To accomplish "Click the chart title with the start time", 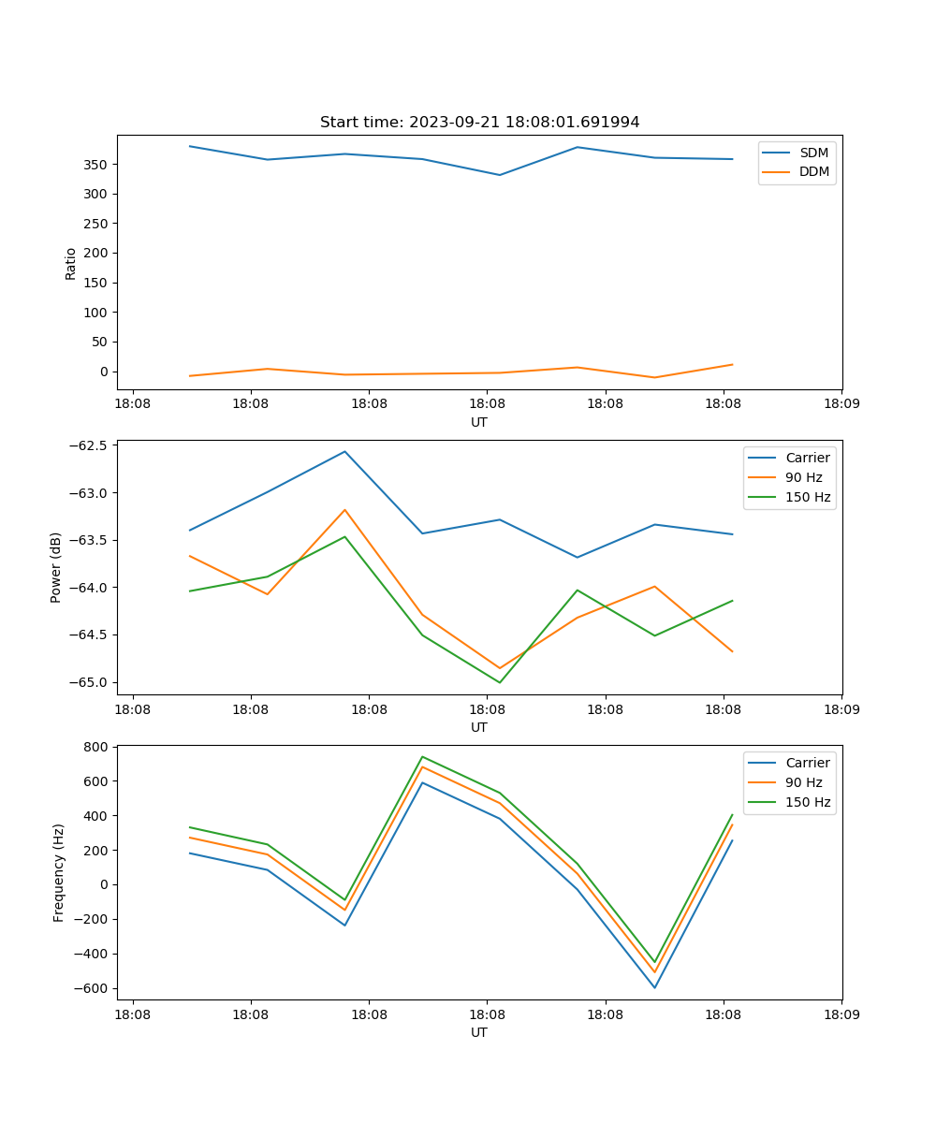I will click(x=479, y=123).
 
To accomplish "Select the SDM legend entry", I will click(x=813, y=153).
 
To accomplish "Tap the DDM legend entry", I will click(x=813, y=172).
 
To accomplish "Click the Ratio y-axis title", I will click(x=70, y=263).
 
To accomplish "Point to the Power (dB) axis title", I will click(x=56, y=567).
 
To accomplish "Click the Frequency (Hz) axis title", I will click(x=58, y=872).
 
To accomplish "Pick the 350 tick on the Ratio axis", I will click(x=95, y=165).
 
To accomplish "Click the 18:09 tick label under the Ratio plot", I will click(x=841, y=405).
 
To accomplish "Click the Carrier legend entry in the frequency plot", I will click(x=807, y=763).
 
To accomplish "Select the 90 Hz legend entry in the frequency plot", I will click(x=803, y=782).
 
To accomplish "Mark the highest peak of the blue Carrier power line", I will click(x=344, y=452).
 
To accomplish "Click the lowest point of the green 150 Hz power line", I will click(x=500, y=682).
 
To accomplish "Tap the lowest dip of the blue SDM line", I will click(x=500, y=175).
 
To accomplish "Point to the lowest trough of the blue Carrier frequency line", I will click(x=654, y=987).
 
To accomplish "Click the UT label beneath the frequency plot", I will click(x=479, y=1032).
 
